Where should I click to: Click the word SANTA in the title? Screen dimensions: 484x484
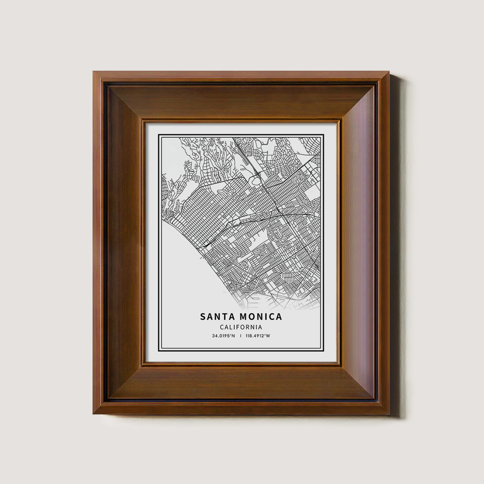click(x=216, y=317)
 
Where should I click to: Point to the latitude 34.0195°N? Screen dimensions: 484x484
click(x=223, y=336)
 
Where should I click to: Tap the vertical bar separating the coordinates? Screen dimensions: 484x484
click(x=241, y=336)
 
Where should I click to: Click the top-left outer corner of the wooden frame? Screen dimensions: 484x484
click(x=94, y=72)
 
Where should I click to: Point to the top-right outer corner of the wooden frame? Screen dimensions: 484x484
click(x=389, y=72)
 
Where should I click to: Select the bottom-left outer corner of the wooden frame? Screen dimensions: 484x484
click(x=94, y=414)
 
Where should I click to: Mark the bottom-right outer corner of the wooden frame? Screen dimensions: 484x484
click(x=389, y=414)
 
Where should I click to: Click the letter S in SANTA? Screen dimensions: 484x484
click(x=203, y=317)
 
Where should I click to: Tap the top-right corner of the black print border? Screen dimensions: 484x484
click(x=323, y=135)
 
